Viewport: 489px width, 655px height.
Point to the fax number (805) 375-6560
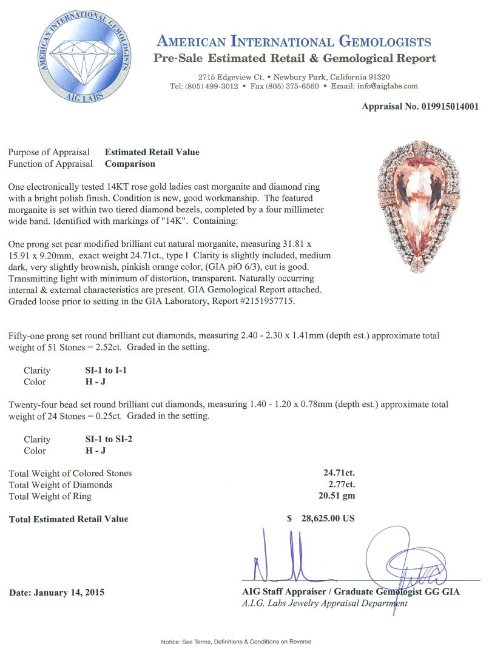click(x=294, y=86)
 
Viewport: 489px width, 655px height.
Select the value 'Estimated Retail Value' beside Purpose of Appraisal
click(x=152, y=152)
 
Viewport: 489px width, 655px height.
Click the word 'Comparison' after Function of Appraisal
click(x=130, y=164)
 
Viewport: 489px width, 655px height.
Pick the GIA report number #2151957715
click(x=267, y=301)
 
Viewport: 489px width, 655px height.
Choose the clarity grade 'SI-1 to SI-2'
click(x=109, y=439)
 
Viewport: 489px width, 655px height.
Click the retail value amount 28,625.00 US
click(x=328, y=519)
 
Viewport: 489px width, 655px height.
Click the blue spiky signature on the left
click(x=279, y=558)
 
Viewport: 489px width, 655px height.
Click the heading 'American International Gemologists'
click(x=294, y=42)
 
